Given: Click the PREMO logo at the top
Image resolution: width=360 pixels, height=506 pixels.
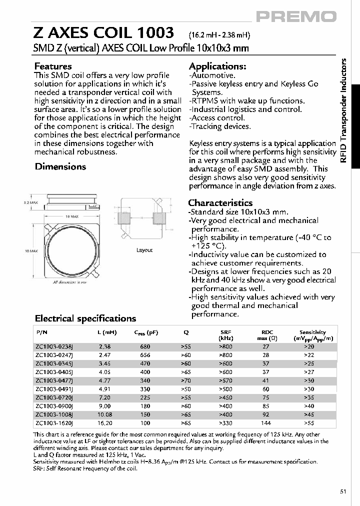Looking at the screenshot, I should [296, 16].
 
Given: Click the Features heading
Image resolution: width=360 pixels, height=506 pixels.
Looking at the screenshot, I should [52, 66].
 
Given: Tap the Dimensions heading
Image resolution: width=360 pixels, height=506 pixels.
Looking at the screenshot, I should [60, 166].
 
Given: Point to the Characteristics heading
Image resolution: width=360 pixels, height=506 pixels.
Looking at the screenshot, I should [220, 202].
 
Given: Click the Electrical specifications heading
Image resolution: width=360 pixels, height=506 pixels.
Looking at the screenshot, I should [85, 318].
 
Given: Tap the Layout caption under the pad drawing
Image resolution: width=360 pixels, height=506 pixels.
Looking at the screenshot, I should [144, 250].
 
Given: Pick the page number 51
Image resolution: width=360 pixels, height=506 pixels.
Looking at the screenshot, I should [343, 491].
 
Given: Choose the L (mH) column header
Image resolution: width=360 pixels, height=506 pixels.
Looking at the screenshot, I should [105, 332].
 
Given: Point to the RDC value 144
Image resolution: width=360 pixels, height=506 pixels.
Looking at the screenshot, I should [265, 422].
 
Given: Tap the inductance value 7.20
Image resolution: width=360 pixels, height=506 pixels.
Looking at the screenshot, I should [104, 397].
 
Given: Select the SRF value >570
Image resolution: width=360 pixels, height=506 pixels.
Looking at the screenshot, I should [225, 380].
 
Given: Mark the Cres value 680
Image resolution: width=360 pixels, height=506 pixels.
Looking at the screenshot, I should [145, 346].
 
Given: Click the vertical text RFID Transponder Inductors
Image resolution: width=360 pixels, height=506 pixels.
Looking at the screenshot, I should [343, 110].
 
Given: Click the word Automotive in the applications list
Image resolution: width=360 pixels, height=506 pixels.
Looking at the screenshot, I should [208, 75].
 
